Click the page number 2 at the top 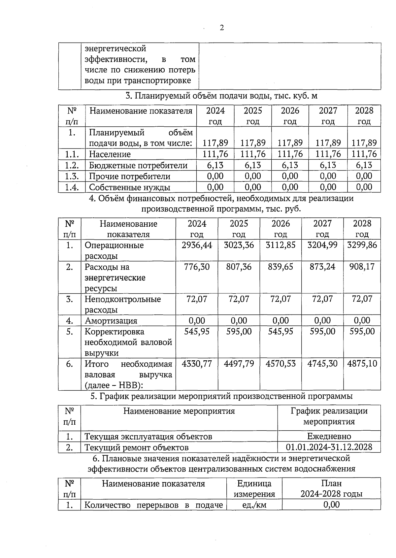coord(222,28)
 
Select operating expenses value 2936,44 coord(197,245)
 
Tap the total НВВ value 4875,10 coord(362,364)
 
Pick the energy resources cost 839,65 coord(280,267)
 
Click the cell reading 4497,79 coord(239,364)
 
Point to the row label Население coord(110,154)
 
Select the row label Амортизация coord(111,321)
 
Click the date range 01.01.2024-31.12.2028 coord(329,447)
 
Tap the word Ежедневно coord(329,436)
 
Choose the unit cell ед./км coord(254,505)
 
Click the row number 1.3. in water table coord(72,176)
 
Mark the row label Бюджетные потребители coord(138,165)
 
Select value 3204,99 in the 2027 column coord(322,245)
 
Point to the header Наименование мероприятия coord(179,411)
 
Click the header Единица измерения coord(254,489)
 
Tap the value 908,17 coord(362,267)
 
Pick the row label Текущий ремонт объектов coord(137,448)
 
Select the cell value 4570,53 coord(280,364)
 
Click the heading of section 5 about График coord(221,396)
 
